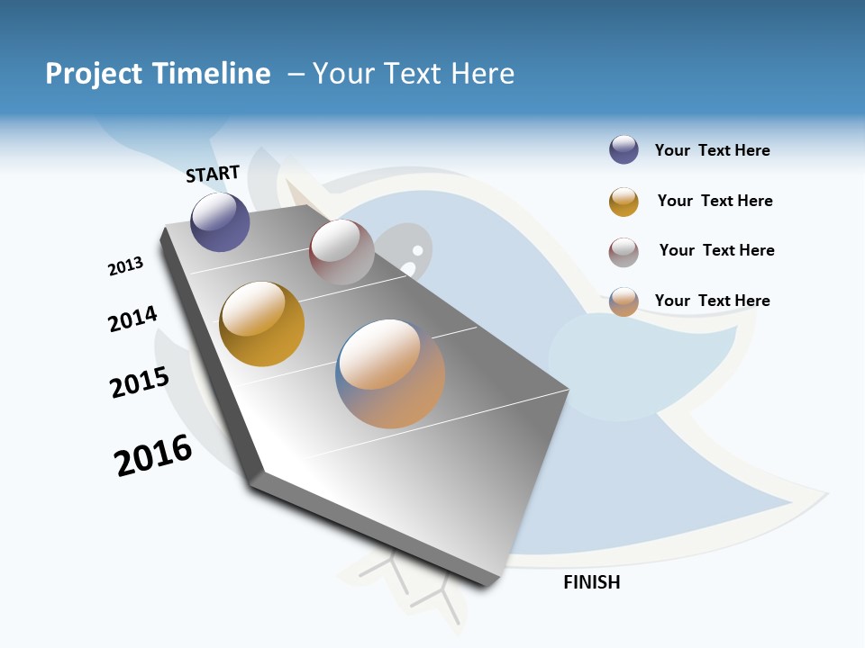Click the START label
tap(213, 174)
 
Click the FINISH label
tap(592, 582)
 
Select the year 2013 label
tap(125, 266)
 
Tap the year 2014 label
tap(132, 319)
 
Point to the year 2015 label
tap(140, 382)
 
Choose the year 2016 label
tap(153, 455)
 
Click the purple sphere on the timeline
tap(220, 221)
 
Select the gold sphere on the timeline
tap(261, 324)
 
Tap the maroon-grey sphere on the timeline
tap(341, 252)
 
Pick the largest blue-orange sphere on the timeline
tap(390, 373)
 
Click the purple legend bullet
tap(624, 150)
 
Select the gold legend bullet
tap(624, 202)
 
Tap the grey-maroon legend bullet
tap(624, 252)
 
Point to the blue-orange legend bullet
tap(624, 301)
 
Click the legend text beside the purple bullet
tap(712, 150)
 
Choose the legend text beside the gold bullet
tap(715, 201)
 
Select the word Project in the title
tap(95, 74)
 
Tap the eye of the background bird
tap(417, 249)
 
